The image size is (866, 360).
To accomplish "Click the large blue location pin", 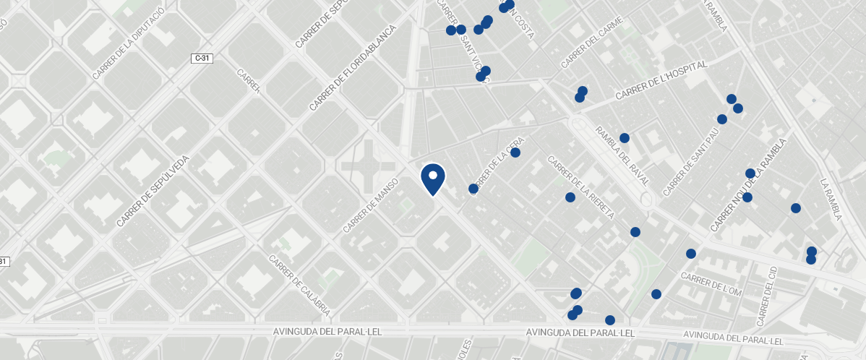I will click(x=432, y=179).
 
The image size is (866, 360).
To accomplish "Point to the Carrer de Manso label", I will click(x=371, y=205).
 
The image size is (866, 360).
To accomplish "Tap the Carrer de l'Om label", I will click(x=711, y=285).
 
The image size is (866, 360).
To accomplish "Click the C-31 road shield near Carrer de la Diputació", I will click(x=202, y=58).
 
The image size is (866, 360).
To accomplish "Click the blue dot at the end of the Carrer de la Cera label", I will click(x=515, y=153).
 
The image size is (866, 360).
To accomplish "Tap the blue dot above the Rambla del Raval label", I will click(x=625, y=138).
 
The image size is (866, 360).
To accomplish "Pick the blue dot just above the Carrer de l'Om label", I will click(x=690, y=254).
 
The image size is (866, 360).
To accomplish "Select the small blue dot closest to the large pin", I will click(x=473, y=189).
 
